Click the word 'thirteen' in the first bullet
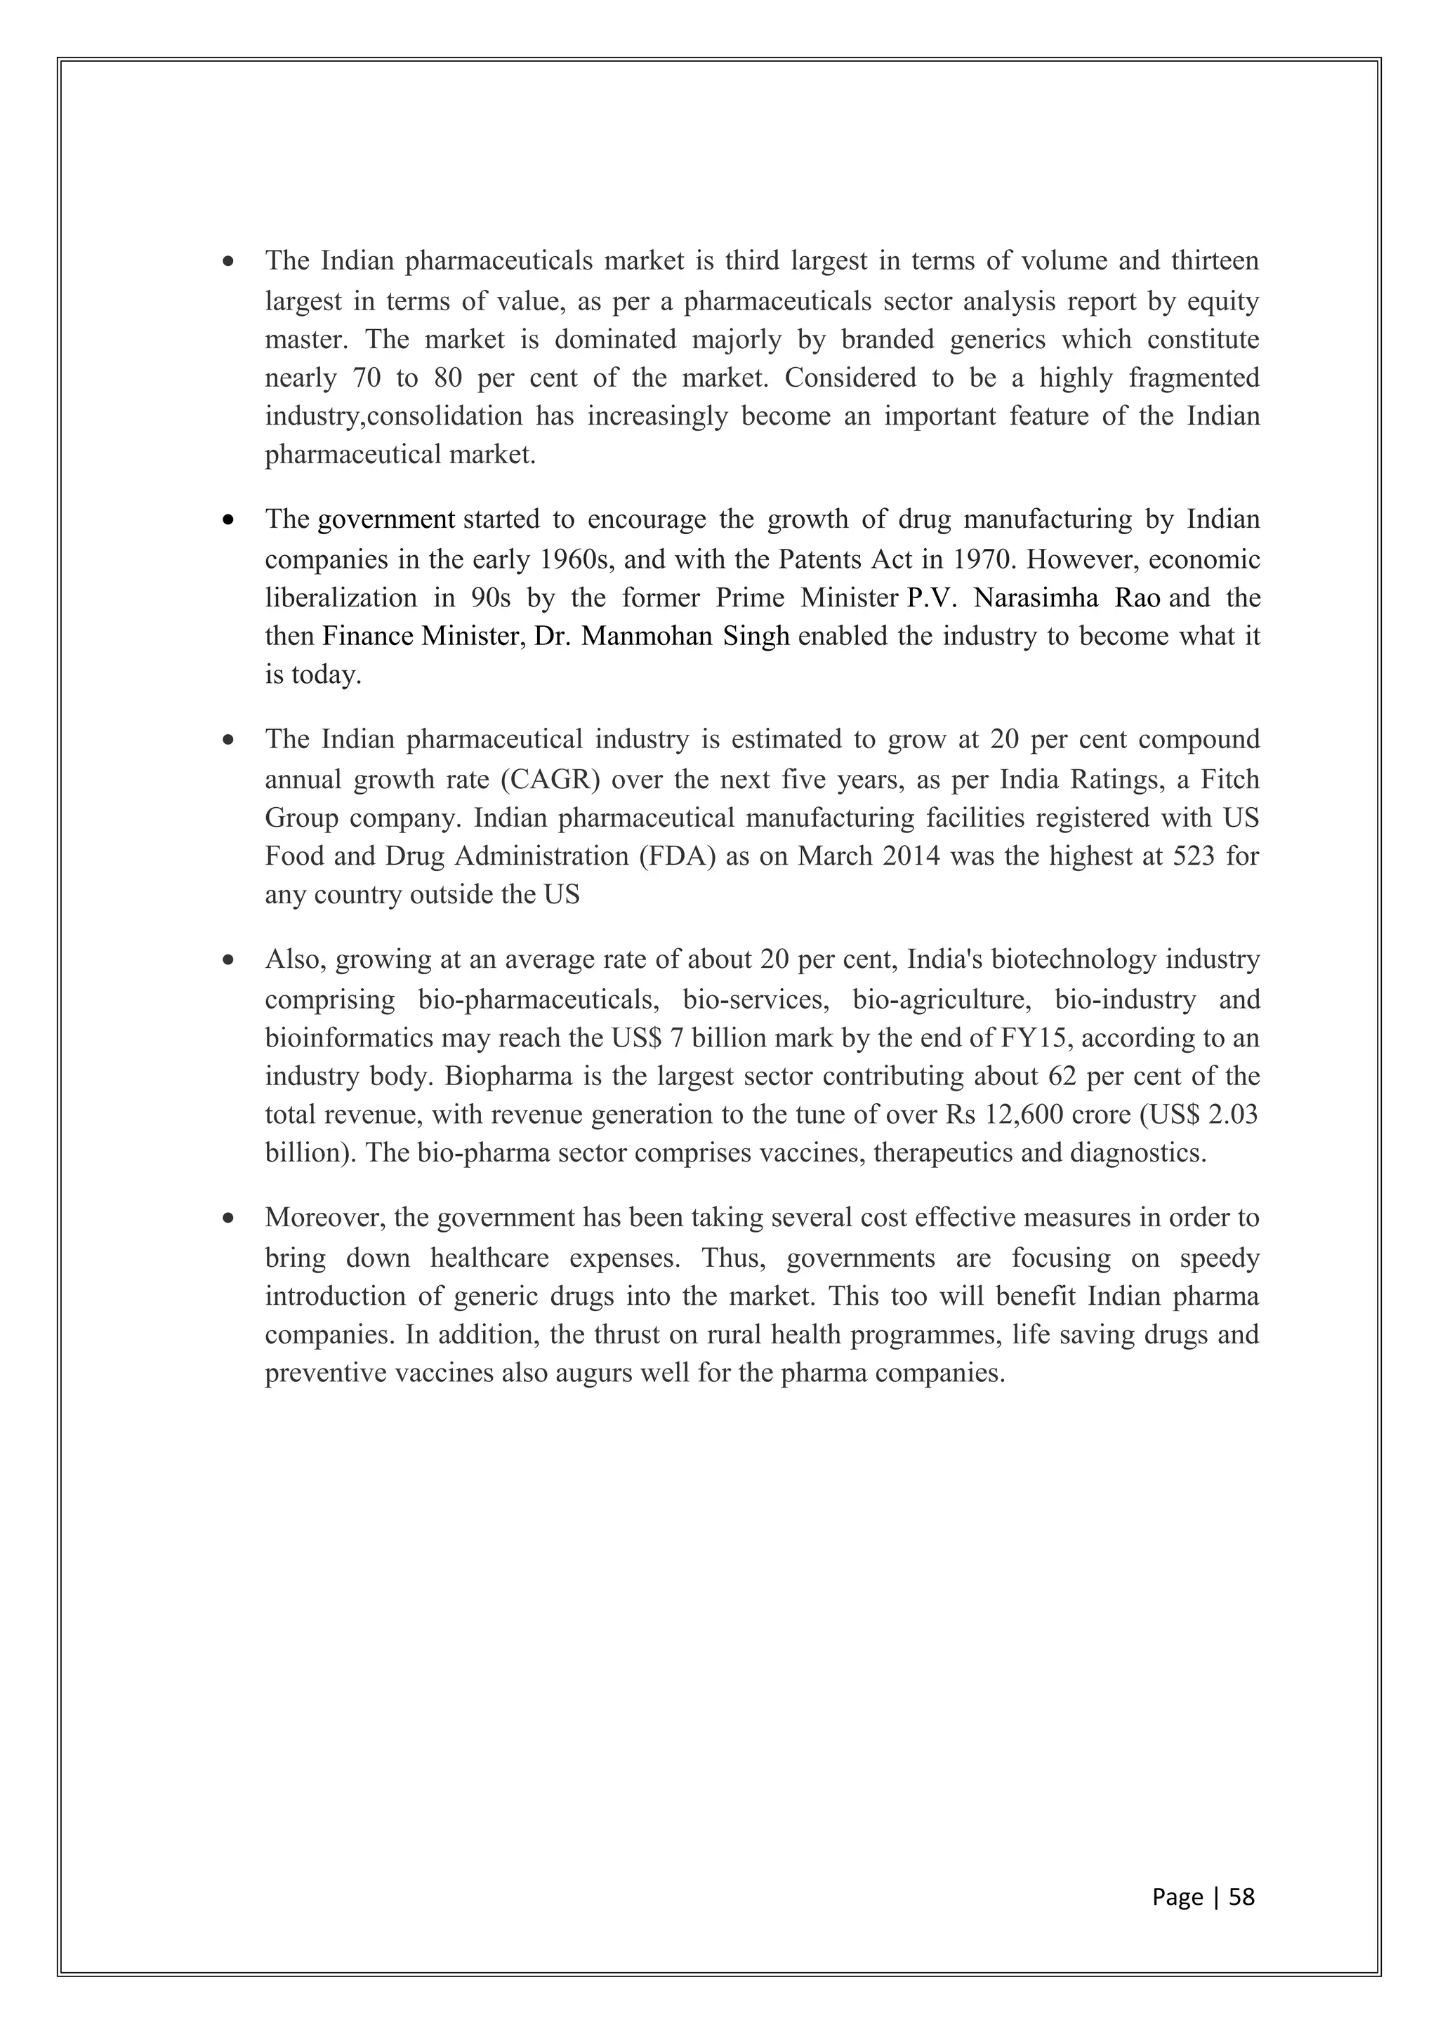click(1214, 260)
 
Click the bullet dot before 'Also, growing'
click(230, 959)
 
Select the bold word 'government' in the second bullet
click(386, 519)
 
